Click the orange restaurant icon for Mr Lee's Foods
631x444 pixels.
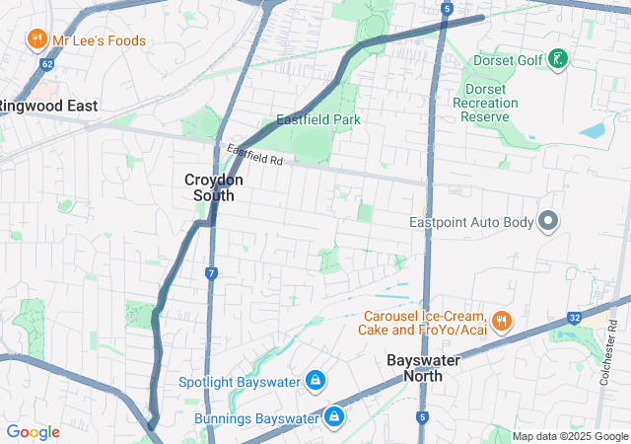[36, 40]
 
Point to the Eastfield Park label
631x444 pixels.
[318, 120]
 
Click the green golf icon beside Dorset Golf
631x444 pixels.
[558, 60]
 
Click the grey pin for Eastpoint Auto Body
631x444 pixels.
[548, 222]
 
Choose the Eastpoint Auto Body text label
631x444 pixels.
[471, 223]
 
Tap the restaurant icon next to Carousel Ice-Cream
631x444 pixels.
[502, 321]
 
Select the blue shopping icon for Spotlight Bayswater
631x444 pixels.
[315, 380]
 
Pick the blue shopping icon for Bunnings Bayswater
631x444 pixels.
[335, 417]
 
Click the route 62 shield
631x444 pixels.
[46, 65]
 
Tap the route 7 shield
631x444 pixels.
[211, 272]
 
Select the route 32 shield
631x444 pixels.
[574, 318]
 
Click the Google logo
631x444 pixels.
[33, 432]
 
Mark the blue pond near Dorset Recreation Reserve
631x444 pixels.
[594, 130]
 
